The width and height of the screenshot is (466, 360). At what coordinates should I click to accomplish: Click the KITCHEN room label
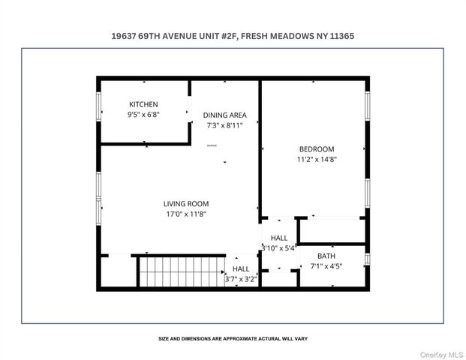pos(143,104)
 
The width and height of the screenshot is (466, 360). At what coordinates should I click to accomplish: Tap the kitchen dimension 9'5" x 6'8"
pos(143,115)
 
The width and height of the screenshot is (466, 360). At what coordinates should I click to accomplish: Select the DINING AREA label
pos(224,115)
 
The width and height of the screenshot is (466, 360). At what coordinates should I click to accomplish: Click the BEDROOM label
pos(316,148)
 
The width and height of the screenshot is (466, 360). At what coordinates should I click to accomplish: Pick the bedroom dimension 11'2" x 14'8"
pos(317,159)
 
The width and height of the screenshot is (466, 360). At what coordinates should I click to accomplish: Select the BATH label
pos(326,256)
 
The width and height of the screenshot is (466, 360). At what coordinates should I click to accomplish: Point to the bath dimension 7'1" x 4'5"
pos(326,266)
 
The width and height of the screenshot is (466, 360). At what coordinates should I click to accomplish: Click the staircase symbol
pos(182,271)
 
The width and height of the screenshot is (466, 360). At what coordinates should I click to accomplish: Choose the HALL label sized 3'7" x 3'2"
pos(241,268)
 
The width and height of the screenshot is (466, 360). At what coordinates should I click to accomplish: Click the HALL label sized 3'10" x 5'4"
pos(278,237)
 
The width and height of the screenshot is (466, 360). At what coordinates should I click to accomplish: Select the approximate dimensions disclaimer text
pos(233,338)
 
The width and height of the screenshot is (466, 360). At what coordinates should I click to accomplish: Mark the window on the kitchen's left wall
pos(99,106)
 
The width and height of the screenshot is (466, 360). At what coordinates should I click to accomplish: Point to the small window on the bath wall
pos(367,259)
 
